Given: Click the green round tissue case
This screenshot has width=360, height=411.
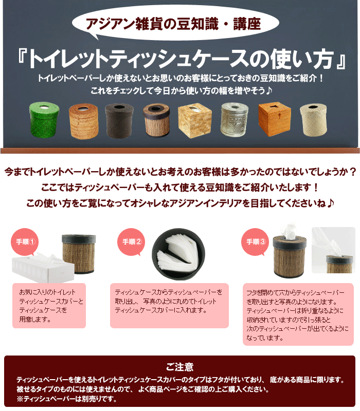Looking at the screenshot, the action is click(x=44, y=120).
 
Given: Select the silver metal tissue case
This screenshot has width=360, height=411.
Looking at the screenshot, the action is click(x=235, y=120).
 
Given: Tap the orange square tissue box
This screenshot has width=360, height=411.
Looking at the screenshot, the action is click(x=275, y=119).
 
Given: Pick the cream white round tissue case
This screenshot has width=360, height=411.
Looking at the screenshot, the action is click(x=313, y=120).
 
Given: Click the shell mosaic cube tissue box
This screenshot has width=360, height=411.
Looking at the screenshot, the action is click(x=195, y=121).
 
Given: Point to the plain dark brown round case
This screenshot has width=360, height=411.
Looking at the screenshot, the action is click(x=119, y=121).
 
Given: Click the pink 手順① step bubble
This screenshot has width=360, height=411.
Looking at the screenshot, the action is click(x=25, y=241).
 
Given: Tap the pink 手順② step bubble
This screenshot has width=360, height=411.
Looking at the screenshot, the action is click(x=131, y=241).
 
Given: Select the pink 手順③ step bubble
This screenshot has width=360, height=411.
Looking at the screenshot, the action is click(x=255, y=241).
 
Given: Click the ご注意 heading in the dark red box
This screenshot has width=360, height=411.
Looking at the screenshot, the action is click(x=179, y=367).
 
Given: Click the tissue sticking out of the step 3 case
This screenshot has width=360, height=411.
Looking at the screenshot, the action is click(x=290, y=231).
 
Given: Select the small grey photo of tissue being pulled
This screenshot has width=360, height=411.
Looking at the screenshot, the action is click(x=333, y=250).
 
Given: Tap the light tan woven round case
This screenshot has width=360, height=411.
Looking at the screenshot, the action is click(x=83, y=121).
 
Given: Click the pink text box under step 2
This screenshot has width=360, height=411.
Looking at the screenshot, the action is click(x=169, y=305).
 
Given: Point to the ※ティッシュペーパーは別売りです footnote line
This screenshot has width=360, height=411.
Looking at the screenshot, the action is click(x=67, y=399).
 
